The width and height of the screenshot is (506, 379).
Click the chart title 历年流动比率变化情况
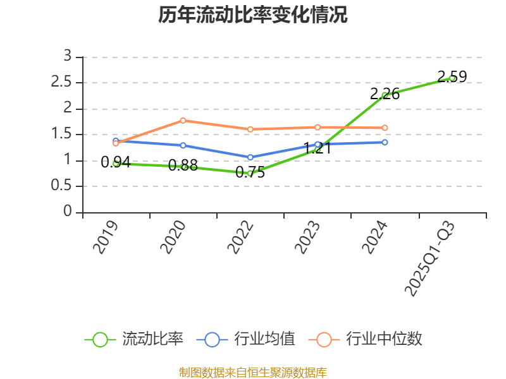click(253, 15)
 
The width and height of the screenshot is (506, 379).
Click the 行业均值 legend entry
click(246, 339)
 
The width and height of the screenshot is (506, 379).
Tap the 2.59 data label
click(452, 77)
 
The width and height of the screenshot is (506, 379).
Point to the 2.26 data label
click(385, 94)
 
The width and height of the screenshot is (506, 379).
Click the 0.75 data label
click(250, 172)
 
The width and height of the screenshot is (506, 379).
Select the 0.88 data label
click(183, 165)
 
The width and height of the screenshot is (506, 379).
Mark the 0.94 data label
click(116, 162)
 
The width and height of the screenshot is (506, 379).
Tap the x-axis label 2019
click(106, 238)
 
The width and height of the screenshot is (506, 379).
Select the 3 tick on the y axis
click(68, 57)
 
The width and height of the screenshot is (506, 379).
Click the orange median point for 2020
click(183, 120)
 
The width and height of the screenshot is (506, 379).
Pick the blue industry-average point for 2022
click(250, 157)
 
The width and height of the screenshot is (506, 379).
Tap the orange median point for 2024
click(385, 128)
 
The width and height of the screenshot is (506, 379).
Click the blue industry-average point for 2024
click(385, 142)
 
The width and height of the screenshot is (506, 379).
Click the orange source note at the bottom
click(253, 373)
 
